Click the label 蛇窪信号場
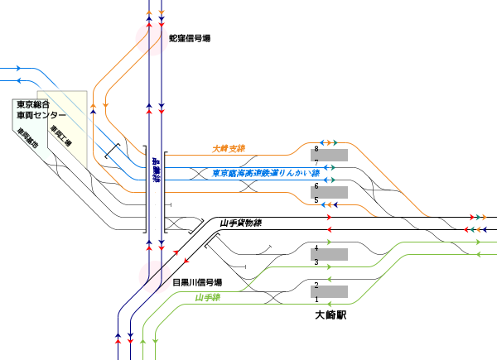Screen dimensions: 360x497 189,39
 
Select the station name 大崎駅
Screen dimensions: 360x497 330,314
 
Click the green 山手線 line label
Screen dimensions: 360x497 210,297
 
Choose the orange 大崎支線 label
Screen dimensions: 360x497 229,149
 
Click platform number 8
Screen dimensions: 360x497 316,148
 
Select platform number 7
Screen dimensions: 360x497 316,161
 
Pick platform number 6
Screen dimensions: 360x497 316,186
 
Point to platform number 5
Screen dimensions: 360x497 316,199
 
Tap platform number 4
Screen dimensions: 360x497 316,248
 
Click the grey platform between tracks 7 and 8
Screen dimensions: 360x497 330,155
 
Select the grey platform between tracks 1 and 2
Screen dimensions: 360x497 330,292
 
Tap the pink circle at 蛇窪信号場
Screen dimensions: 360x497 152,37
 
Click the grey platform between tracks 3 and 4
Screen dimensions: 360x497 330,255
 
